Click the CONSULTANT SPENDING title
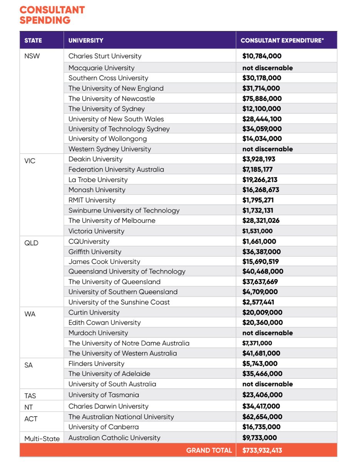point(52,15)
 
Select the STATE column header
point(33,40)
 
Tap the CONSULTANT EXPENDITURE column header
point(282,40)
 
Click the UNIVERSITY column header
point(86,40)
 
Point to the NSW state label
point(32,56)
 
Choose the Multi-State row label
point(42,439)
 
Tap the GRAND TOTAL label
point(209,450)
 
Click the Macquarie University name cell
point(101,68)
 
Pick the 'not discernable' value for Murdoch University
point(267,333)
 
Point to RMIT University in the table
point(92,200)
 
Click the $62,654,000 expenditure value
point(262,417)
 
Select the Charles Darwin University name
point(108,406)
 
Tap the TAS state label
point(30,395)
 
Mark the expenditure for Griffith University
point(261,252)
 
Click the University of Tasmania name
point(104,395)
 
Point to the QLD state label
point(31,243)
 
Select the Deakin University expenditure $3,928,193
point(259,159)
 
